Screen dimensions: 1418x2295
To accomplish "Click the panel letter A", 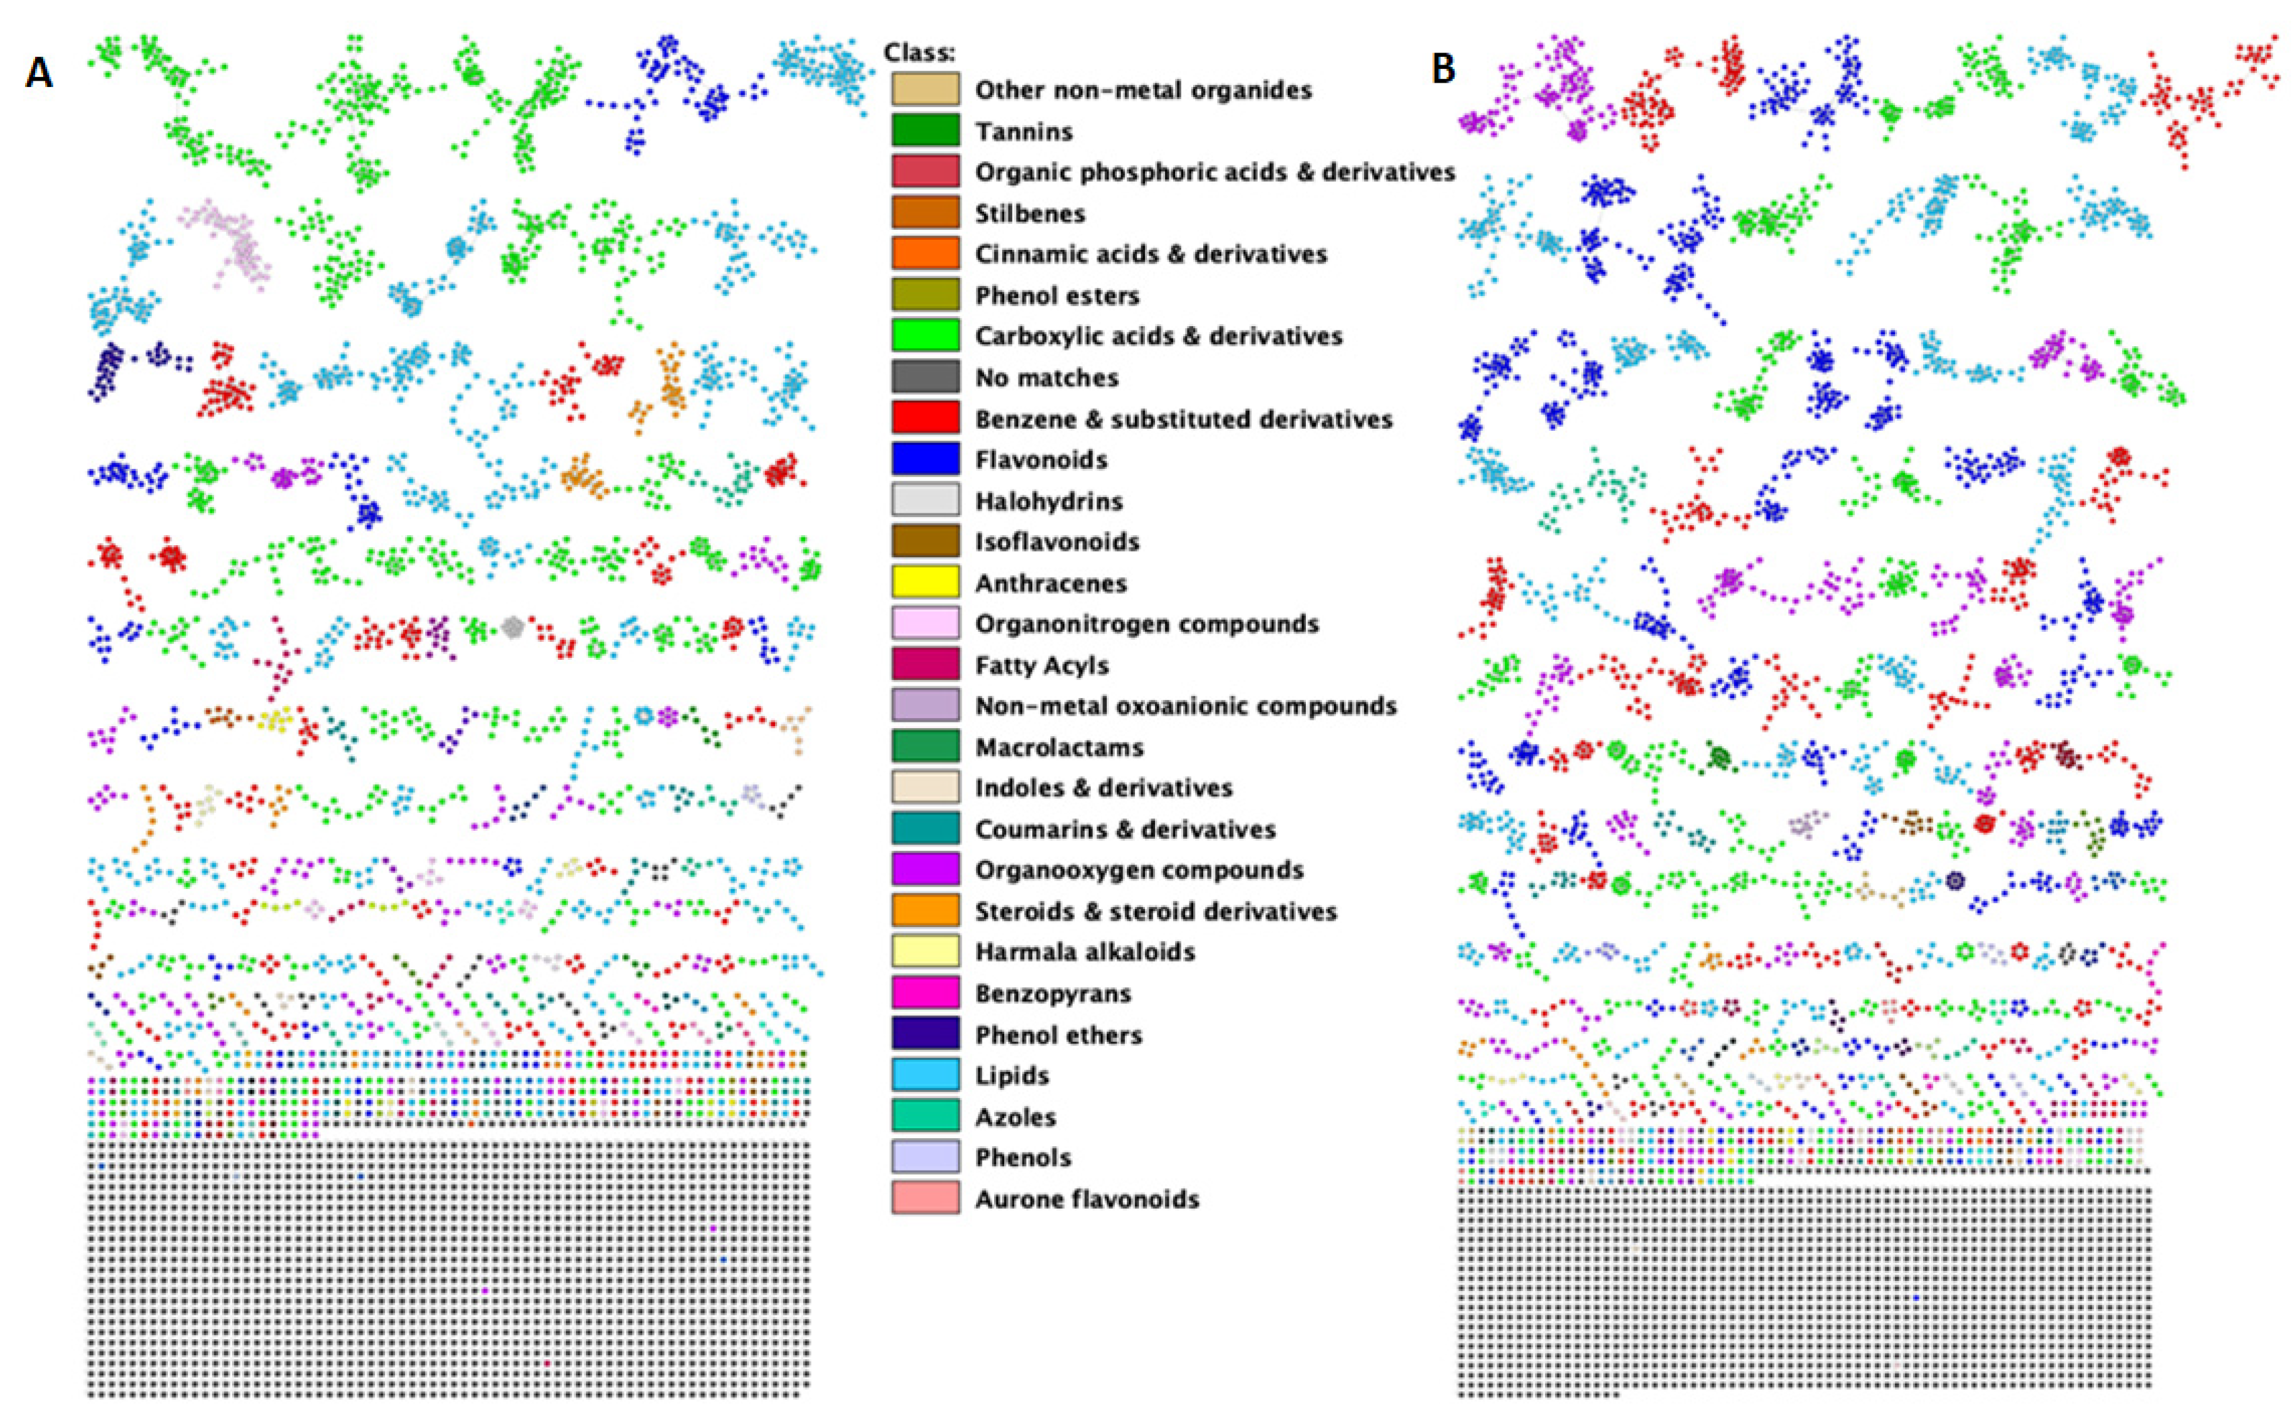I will (x=38, y=72).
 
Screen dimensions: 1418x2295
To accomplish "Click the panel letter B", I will (x=1443, y=68).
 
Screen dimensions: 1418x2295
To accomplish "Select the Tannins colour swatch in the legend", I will (x=925, y=130).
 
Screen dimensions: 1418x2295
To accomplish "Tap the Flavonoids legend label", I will (x=1040, y=460).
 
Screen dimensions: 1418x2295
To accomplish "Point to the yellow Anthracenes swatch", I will (x=925, y=582).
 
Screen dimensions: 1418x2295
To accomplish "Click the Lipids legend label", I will (x=1012, y=1076).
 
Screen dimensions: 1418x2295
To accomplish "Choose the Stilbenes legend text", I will (x=1029, y=213).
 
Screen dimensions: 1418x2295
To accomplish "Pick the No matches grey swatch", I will (x=925, y=377).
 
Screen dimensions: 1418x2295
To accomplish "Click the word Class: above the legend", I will (x=920, y=53).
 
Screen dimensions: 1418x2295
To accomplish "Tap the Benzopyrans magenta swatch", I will (x=925, y=993).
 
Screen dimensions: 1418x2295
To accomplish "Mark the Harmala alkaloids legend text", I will (x=1085, y=952).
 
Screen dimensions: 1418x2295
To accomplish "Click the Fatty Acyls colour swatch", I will (x=925, y=665).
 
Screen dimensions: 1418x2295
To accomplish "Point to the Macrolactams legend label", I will (x=1059, y=748).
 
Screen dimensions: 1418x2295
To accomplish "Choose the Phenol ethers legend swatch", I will (x=925, y=1034).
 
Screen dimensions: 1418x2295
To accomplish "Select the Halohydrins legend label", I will (x=1048, y=501).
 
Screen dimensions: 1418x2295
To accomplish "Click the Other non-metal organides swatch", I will (x=925, y=89).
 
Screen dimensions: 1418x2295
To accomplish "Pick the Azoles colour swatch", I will (x=925, y=1116).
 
